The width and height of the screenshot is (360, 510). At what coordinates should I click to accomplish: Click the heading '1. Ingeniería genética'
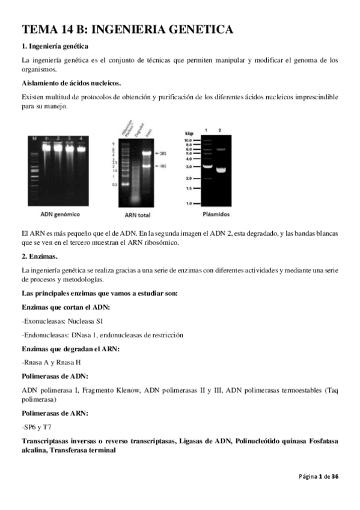pyautogui.click(x=55, y=46)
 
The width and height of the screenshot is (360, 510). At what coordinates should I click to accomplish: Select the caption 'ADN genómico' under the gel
pyautogui.click(x=59, y=214)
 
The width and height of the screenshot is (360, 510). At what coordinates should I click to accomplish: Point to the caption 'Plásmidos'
pyautogui.click(x=214, y=214)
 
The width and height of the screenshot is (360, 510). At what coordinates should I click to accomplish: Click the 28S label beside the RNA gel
pyautogui.click(x=164, y=153)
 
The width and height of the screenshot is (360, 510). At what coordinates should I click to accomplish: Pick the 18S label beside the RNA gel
pyautogui.click(x=164, y=165)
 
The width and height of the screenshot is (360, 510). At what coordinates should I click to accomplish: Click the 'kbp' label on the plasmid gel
pyautogui.click(x=190, y=132)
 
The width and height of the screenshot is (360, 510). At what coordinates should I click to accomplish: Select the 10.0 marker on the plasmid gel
pyautogui.click(x=190, y=140)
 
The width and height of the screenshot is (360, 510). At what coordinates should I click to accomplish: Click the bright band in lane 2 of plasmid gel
pyautogui.click(x=220, y=170)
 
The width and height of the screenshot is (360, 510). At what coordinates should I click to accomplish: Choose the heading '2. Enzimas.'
pyautogui.click(x=39, y=256)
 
